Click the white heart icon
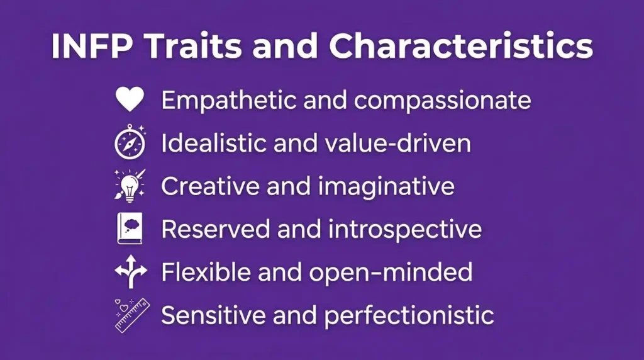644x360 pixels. [130, 100]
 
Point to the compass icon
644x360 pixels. [130, 142]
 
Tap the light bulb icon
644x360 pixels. [130, 186]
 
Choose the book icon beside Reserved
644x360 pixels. [130, 228]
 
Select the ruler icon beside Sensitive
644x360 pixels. [131, 315]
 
